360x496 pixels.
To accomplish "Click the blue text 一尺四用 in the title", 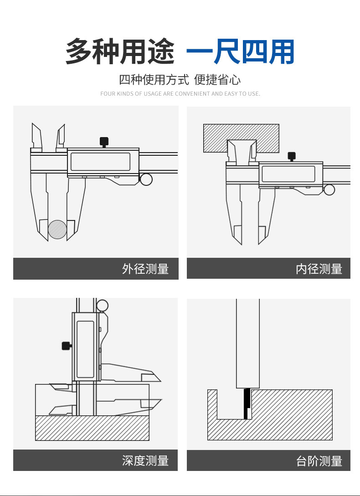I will coord(240,52).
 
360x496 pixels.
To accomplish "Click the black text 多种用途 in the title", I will coord(120,52).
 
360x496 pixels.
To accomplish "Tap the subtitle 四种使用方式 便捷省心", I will coord(180,80).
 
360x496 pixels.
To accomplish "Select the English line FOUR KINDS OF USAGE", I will coord(180,94).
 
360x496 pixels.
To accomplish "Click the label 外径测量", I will coord(145,269).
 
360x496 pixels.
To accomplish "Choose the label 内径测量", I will coord(319,269).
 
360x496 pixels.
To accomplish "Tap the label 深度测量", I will coord(145,460).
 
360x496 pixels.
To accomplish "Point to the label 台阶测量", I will coord(319,461).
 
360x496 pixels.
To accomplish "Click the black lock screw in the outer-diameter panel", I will coord(104,141).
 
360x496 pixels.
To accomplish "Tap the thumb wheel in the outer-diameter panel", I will coord(146,179).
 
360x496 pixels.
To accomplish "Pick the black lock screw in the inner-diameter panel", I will coord(292,156).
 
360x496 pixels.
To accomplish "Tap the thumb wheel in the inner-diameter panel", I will coord(329,189).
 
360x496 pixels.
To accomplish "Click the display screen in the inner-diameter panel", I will coord(288,174).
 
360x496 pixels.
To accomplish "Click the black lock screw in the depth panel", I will coord(67,346).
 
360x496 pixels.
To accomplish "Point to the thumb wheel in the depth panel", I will coord(103,305).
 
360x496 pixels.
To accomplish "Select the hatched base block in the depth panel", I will coord(92,428).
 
